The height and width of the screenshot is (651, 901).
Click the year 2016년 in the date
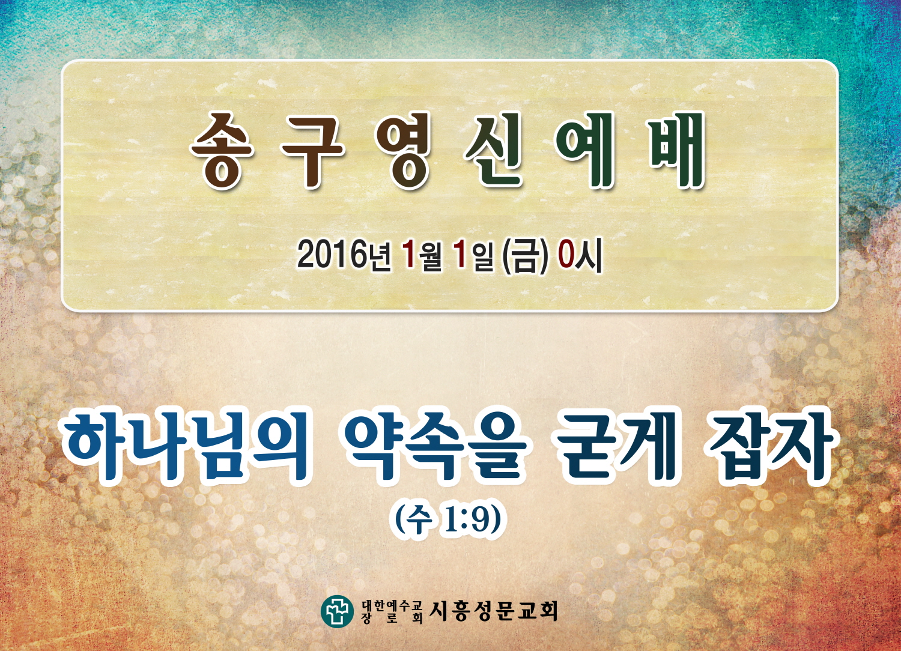344,256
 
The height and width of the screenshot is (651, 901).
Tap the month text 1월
422,256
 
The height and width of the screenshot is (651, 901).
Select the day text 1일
472,256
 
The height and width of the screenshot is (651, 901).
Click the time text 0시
579,256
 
